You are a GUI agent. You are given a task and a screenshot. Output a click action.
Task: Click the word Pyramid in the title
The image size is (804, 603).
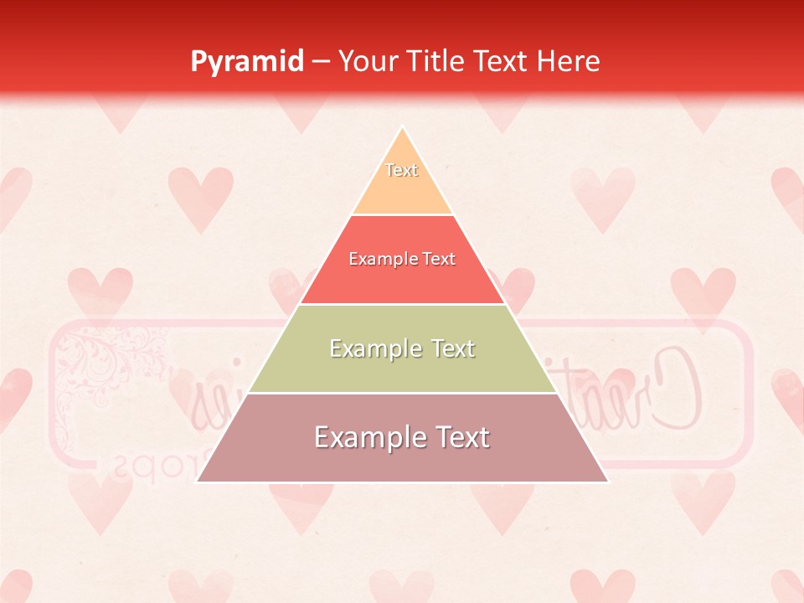[247, 62]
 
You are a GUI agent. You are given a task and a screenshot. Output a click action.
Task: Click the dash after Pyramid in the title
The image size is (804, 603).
[322, 62]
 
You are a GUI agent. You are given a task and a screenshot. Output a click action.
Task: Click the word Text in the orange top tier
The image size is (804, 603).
[402, 170]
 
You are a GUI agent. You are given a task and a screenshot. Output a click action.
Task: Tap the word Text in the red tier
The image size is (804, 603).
[439, 260]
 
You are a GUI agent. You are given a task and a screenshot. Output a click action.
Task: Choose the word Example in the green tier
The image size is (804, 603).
[373, 348]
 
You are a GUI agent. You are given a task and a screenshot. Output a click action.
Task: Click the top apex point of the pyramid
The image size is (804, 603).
[402, 126]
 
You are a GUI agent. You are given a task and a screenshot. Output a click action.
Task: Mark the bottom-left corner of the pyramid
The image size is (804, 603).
[198, 482]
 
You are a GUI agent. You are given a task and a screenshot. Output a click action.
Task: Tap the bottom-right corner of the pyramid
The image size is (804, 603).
[607, 482]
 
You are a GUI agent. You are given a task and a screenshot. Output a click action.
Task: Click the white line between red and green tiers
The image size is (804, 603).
[402, 304]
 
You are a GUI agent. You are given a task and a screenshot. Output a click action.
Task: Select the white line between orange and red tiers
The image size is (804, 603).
[402, 214]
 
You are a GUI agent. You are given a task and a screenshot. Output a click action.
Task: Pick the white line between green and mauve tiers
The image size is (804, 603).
[402, 393]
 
